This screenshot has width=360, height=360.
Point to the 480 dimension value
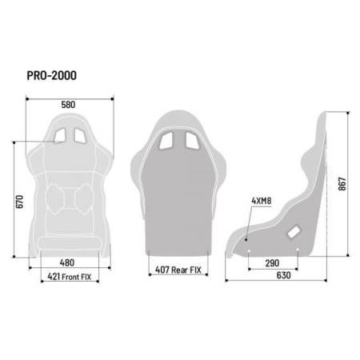68,262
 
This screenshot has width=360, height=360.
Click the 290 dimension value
273,263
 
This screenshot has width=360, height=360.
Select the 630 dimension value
273,277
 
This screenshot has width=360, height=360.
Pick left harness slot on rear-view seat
170,142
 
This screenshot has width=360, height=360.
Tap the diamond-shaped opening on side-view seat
294,230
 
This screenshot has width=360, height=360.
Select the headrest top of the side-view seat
322,120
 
